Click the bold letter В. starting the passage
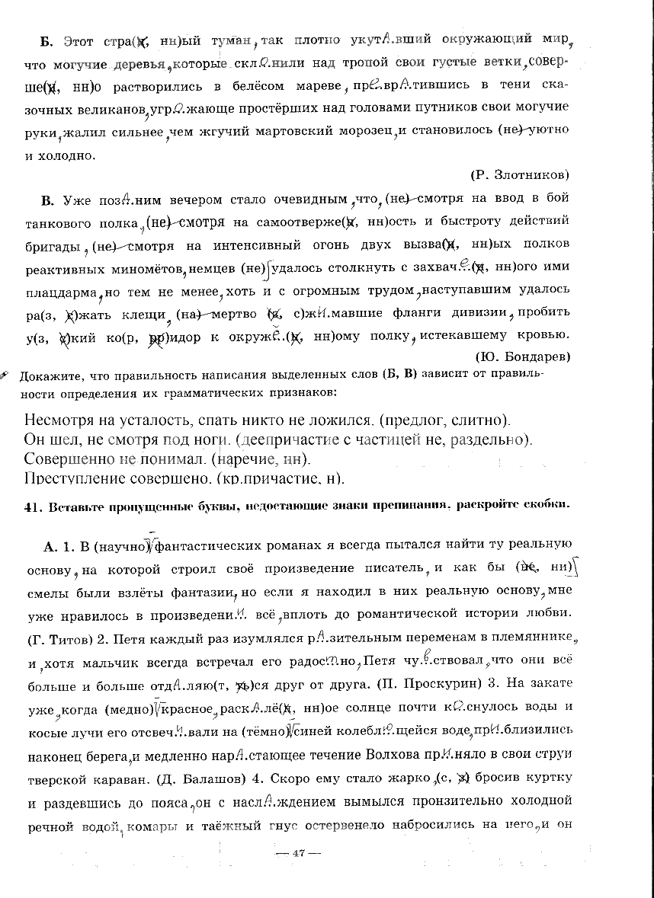pos(47,200)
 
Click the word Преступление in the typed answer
pos(69,479)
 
